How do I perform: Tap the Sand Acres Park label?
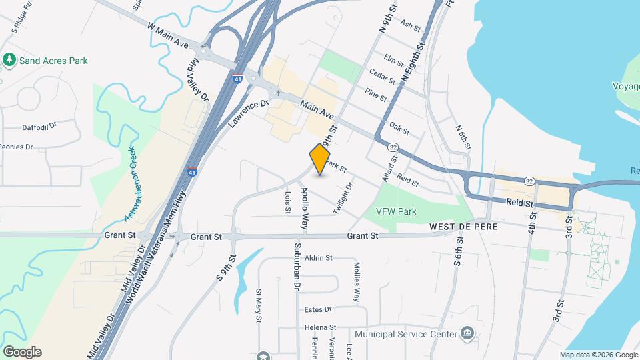pyautogui.click(x=53, y=61)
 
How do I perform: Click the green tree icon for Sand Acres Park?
pyautogui.click(x=9, y=61)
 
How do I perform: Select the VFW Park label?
pyautogui.click(x=396, y=211)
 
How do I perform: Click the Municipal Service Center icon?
pyautogui.click(x=467, y=333)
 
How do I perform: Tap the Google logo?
pyautogui.click(x=22, y=351)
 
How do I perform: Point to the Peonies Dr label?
pyautogui.click(x=16, y=147)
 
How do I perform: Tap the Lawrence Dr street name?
pyautogui.click(x=248, y=113)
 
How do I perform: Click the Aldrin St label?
pyautogui.click(x=318, y=257)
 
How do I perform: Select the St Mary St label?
pyautogui.click(x=259, y=305)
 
